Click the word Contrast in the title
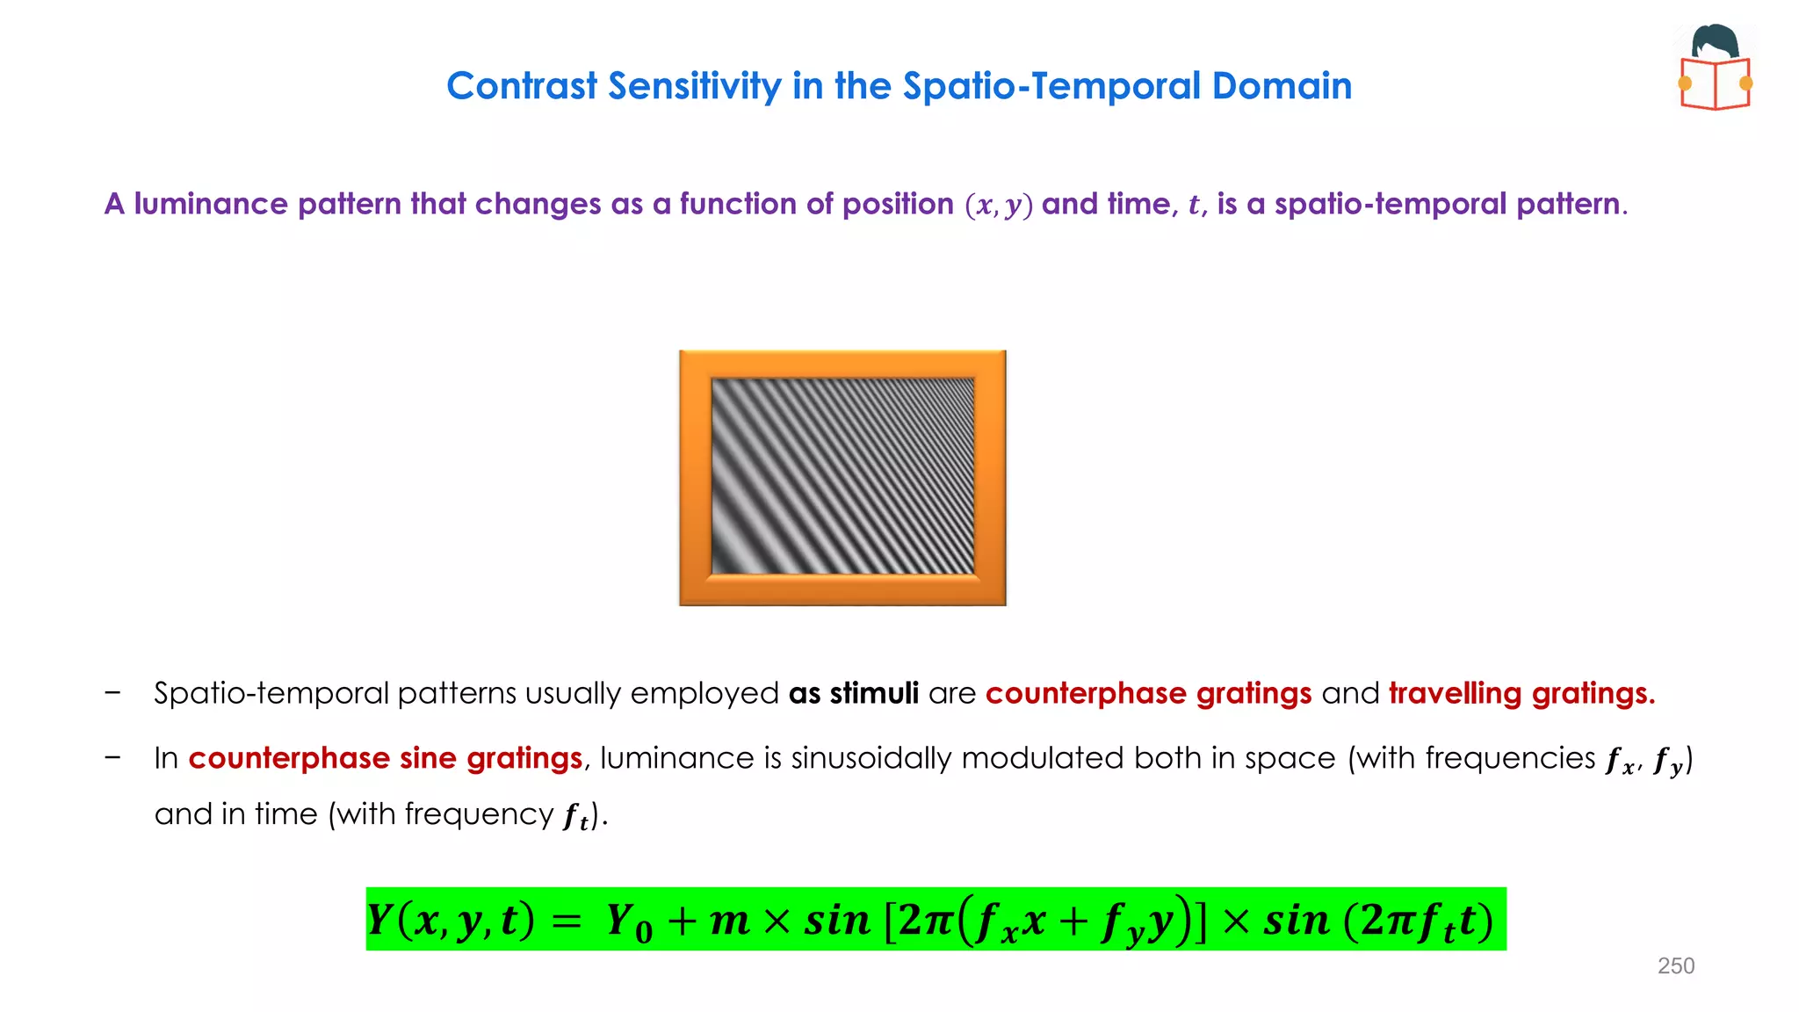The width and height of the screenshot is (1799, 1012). (522, 86)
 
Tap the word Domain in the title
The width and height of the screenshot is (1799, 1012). (1282, 86)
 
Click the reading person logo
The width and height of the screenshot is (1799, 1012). (1715, 69)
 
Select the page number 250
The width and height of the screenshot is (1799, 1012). (1675, 965)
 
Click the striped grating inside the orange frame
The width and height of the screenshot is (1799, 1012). (842, 476)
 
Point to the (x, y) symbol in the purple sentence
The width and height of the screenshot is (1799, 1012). (998, 205)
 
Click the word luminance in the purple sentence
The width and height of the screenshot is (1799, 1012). (210, 204)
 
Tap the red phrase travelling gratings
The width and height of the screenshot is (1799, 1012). (1521, 693)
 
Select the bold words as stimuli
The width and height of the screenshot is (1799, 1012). (853, 693)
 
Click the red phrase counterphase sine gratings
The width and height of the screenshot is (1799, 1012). (385, 758)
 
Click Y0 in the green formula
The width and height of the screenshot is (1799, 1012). (629, 922)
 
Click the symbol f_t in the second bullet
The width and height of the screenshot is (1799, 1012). (575, 816)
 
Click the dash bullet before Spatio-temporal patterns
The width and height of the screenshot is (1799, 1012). (112, 692)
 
